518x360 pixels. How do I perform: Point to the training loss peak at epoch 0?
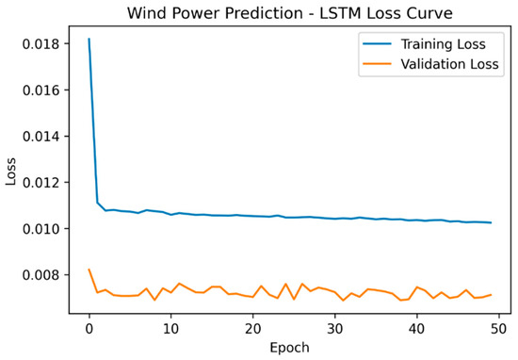click(89, 40)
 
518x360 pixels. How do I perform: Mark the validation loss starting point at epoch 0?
click(89, 270)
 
